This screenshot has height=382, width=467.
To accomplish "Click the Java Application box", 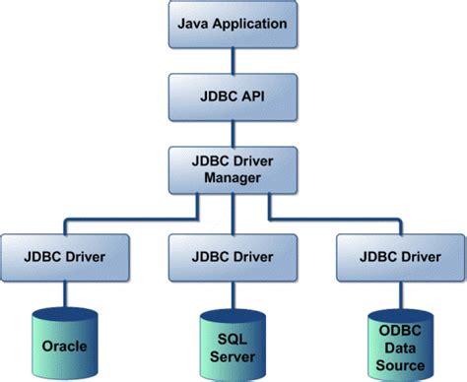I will tap(233, 23).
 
